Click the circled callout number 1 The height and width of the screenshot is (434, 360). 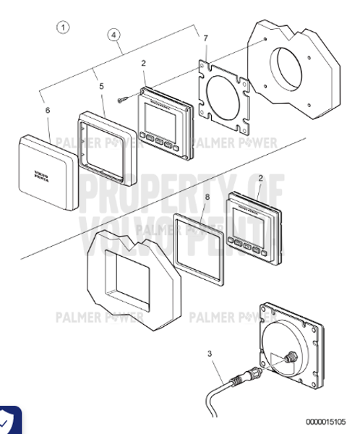point(63,27)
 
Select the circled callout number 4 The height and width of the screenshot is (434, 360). point(113,35)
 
